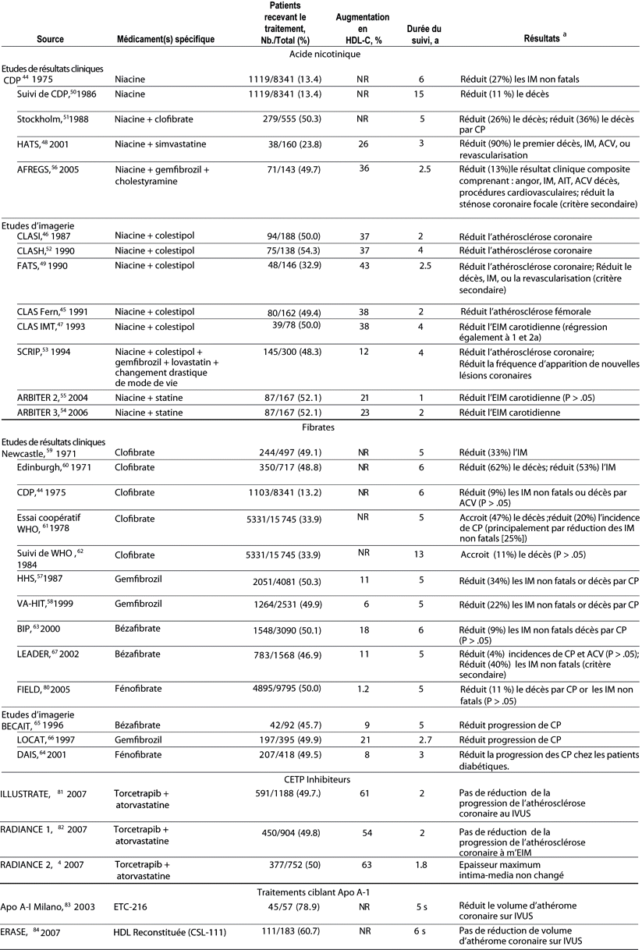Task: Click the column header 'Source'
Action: pos(50,37)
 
